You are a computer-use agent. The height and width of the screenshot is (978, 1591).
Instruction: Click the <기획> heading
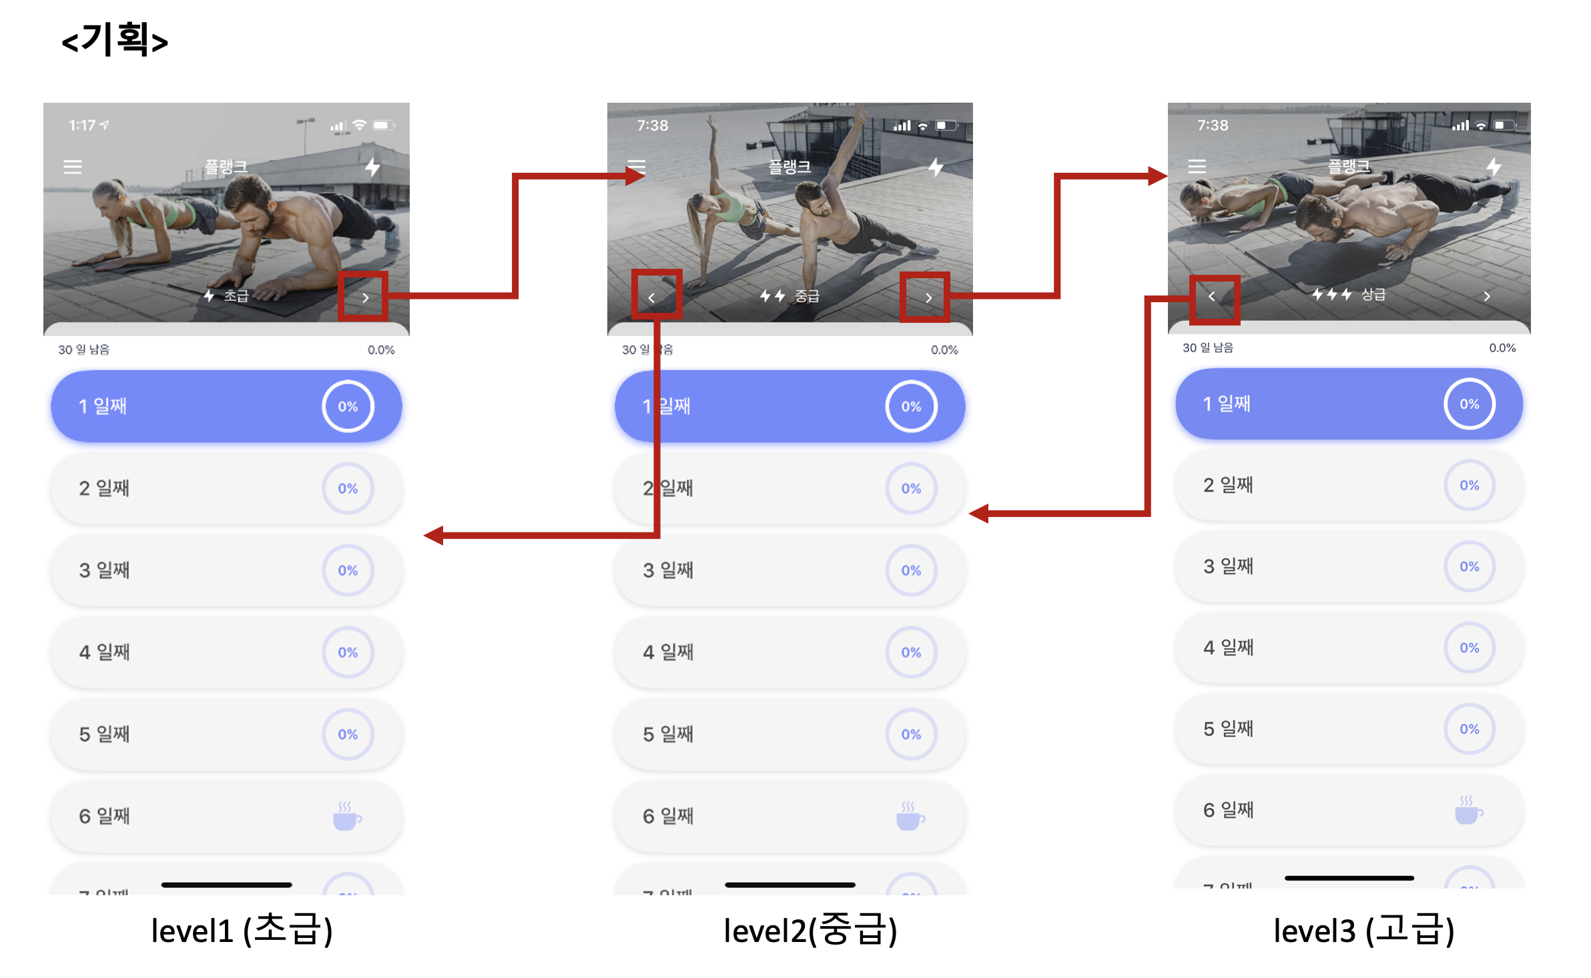(115, 40)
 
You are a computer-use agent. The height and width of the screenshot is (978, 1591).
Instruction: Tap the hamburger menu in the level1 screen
(73, 167)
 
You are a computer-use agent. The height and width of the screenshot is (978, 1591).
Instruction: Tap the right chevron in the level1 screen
(365, 298)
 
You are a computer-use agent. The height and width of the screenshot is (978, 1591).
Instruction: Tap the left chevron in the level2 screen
(652, 298)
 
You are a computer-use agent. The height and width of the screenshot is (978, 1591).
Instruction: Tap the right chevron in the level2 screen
(928, 298)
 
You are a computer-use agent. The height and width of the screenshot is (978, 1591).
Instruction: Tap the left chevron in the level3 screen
(1212, 296)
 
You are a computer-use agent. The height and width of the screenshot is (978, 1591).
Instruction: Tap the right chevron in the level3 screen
(1487, 296)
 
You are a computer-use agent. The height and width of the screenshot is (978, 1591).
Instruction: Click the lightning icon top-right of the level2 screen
(936, 167)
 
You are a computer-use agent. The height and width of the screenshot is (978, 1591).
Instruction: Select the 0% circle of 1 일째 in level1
(348, 406)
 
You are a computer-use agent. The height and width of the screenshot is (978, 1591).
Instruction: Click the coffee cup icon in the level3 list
(1468, 811)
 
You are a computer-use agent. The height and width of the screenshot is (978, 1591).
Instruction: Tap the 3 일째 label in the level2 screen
(668, 570)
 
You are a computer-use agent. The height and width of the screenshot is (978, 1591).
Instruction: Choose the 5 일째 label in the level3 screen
(1228, 728)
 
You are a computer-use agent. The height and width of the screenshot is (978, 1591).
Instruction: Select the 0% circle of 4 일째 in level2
(911, 652)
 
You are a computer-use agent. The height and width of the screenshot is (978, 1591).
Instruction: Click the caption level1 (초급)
(242, 930)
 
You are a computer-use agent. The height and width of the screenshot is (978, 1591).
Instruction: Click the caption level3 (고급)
(1363, 930)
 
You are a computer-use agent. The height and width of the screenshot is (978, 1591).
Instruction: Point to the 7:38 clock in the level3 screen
(1212, 125)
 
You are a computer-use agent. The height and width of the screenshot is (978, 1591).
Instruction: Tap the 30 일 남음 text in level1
(83, 350)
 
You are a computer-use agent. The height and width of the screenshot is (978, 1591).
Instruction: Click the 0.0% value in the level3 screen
(1502, 348)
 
